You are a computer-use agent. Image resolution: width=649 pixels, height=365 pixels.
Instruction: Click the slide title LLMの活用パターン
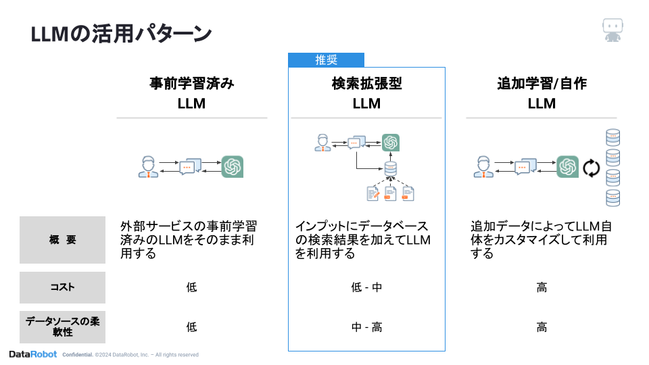point(122,34)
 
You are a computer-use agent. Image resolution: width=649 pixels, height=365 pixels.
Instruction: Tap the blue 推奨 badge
point(327,60)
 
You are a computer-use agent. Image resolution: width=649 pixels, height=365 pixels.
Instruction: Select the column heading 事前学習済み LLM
point(191,93)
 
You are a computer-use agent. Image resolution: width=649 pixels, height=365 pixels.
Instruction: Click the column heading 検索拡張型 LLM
point(366,93)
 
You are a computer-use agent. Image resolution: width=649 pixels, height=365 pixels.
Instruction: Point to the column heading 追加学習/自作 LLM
point(542,93)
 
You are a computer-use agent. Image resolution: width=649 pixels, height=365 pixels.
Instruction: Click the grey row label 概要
point(63,240)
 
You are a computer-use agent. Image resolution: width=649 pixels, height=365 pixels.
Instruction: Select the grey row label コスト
point(63,287)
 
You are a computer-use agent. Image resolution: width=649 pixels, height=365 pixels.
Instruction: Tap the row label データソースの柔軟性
point(63,327)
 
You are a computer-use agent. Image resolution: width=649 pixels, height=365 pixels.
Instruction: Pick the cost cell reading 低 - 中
point(366,287)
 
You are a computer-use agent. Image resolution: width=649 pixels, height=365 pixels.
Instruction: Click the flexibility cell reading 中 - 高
point(366,327)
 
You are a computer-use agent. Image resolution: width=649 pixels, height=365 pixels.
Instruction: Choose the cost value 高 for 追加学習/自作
point(542,287)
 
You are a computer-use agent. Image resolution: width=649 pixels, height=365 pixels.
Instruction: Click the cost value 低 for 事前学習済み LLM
point(191,287)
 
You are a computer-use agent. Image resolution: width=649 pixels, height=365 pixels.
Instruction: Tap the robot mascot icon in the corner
point(612,30)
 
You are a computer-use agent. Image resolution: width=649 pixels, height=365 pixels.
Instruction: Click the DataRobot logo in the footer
point(32,354)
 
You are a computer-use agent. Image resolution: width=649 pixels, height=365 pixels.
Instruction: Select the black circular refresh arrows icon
point(592,168)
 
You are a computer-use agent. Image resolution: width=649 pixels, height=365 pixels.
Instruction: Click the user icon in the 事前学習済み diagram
point(148,166)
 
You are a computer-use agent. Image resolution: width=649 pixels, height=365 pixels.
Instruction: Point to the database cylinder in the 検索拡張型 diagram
point(390,169)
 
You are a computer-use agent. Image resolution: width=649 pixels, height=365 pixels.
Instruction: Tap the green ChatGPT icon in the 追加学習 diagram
point(567,167)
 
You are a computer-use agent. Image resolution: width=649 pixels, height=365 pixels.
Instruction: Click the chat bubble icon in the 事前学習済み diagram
point(189,166)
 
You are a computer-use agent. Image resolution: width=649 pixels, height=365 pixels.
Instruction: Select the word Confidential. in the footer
point(77,355)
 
